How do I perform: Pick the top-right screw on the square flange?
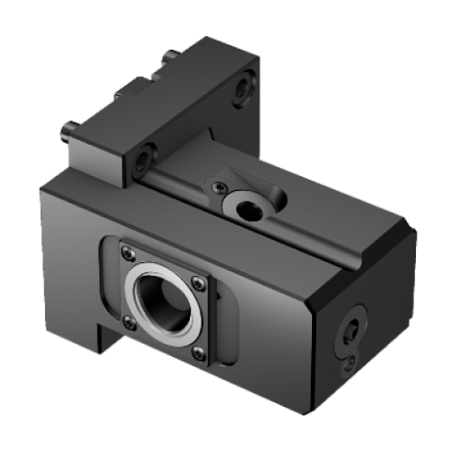coord(196,282)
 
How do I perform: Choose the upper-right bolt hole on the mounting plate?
coord(243,89)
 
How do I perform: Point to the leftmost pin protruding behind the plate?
coord(66,134)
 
